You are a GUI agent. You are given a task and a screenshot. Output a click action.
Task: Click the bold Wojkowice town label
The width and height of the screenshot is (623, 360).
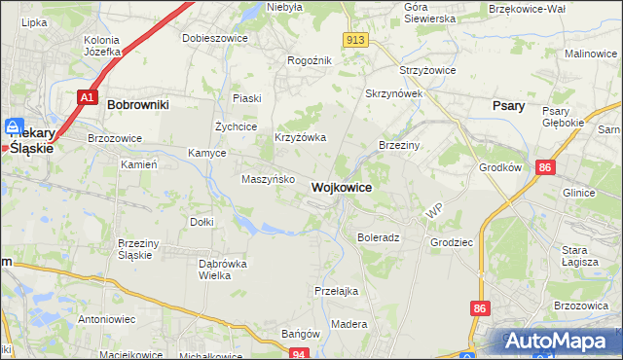pyautogui.click(x=341, y=187)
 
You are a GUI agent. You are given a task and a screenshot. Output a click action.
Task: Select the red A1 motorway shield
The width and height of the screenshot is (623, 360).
pyautogui.click(x=87, y=97)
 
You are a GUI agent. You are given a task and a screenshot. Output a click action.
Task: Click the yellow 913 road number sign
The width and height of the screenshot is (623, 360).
pyautogui.click(x=354, y=39)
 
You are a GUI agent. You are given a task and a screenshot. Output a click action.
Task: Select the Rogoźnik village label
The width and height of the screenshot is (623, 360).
pyautogui.click(x=310, y=60)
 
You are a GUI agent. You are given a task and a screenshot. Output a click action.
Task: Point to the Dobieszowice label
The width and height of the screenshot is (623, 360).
pyautogui.click(x=215, y=38)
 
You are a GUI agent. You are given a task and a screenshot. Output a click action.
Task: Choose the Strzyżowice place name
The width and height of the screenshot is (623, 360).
pyautogui.click(x=429, y=71)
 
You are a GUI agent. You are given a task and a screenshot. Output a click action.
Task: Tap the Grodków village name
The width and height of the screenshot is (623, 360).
pyautogui.click(x=500, y=167)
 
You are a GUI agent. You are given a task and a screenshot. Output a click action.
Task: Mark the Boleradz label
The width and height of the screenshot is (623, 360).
pyautogui.click(x=379, y=237)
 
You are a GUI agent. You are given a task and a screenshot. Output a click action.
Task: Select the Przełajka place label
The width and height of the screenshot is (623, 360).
pyautogui.click(x=337, y=291)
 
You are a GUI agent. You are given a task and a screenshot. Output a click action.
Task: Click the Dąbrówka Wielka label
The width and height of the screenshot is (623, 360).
pyautogui.click(x=222, y=270)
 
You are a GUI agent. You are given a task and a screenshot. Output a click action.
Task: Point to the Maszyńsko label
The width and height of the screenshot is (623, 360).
pyautogui.click(x=262, y=180)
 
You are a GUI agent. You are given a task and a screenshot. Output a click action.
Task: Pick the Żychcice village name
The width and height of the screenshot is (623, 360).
pyautogui.click(x=236, y=126)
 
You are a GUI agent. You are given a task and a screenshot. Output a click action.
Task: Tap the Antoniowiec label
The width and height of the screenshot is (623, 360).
pyautogui.click(x=107, y=319)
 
